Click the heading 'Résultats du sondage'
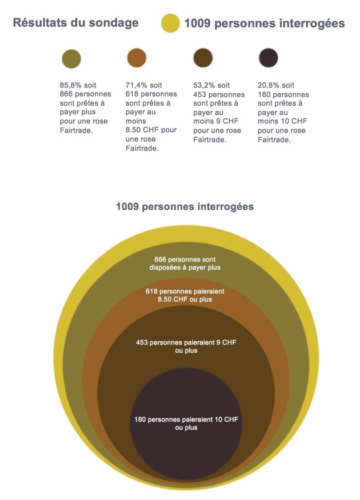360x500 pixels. (75, 23)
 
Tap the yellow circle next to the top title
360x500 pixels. (170, 23)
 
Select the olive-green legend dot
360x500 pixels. (71, 58)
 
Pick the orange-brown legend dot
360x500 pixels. (137, 58)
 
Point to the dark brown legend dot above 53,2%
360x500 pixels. (203, 58)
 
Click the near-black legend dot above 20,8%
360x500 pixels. (269, 58)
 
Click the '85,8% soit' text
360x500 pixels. (78, 85)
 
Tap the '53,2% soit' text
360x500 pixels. (211, 85)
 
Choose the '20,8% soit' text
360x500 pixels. (276, 85)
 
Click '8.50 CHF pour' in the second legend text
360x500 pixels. (151, 130)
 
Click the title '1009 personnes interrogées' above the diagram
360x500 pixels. (185, 206)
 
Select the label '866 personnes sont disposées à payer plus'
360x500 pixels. (185, 263)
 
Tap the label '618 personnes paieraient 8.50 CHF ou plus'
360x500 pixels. (185, 295)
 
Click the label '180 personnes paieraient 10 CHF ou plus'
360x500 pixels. (186, 423)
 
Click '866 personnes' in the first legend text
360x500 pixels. (85, 94)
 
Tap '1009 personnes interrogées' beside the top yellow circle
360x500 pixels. (263, 23)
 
